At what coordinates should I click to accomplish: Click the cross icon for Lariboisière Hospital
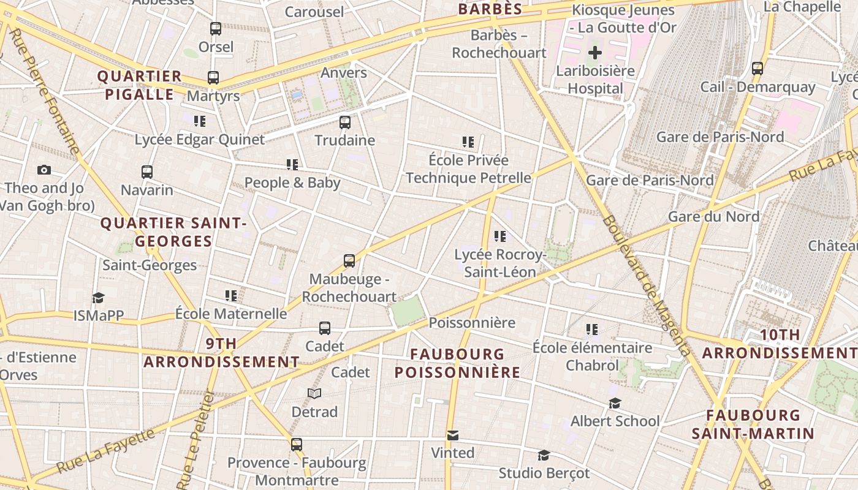coord(594,53)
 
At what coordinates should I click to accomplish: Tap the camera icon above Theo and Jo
coord(44,170)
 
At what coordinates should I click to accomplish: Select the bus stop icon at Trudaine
coord(345,122)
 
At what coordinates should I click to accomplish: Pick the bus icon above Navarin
coord(147,172)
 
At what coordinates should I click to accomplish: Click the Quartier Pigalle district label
coord(140,85)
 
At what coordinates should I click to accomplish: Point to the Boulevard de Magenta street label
coord(647,285)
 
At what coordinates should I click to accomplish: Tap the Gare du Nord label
coord(713,216)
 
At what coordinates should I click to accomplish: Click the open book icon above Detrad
coord(314,393)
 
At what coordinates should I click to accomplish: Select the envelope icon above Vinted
coord(453,435)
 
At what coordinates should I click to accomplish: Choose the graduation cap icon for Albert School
coord(615,403)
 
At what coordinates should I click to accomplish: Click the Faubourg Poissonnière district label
coord(457,363)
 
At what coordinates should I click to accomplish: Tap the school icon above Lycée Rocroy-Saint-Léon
coord(500,236)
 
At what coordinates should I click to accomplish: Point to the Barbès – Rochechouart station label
coord(499,44)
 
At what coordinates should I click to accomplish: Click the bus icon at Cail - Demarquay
coord(757,69)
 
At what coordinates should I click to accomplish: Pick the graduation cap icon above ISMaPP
coord(98,298)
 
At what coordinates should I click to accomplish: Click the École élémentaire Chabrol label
coord(592,356)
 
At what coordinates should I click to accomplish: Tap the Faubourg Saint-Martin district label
coord(753,424)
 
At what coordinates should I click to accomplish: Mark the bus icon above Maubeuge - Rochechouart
coord(349,261)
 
